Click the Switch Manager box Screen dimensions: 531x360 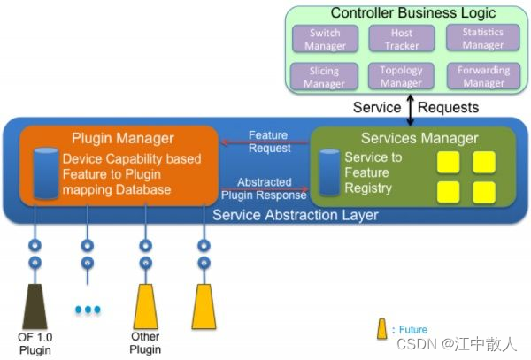pyautogui.click(x=325, y=39)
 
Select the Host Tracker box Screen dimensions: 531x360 pyautogui.click(x=402, y=39)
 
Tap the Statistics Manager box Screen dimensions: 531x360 pyautogui.click(x=483, y=38)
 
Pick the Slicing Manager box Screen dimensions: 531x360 pyautogui.click(x=325, y=76)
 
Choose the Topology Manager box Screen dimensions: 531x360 pyautogui.click(x=401, y=76)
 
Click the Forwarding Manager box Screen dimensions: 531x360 pyautogui.click(x=483, y=76)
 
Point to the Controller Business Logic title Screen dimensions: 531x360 pyautogui.click(x=413, y=13)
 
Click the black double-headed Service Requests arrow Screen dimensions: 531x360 pyautogui.click(x=410, y=110)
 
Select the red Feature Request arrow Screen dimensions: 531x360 pyautogui.click(x=265, y=142)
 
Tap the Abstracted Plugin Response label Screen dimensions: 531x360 pyautogui.click(x=264, y=188)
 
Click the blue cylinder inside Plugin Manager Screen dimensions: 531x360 pyautogui.click(x=46, y=173)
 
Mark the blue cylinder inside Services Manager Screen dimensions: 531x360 pyautogui.click(x=329, y=172)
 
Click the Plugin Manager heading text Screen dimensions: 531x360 pyautogui.click(x=123, y=138)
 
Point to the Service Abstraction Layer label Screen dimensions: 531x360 pyautogui.click(x=296, y=215)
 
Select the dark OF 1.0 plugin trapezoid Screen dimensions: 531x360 pyautogui.click(x=35, y=307)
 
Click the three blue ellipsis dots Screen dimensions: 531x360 pyautogui.click(x=88, y=310)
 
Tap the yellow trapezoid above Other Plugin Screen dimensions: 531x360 pyautogui.click(x=146, y=307)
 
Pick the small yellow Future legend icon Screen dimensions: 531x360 pyautogui.click(x=382, y=328)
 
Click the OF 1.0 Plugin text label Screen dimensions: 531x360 pyautogui.click(x=35, y=344)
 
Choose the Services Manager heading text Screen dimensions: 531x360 pyautogui.click(x=419, y=138)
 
